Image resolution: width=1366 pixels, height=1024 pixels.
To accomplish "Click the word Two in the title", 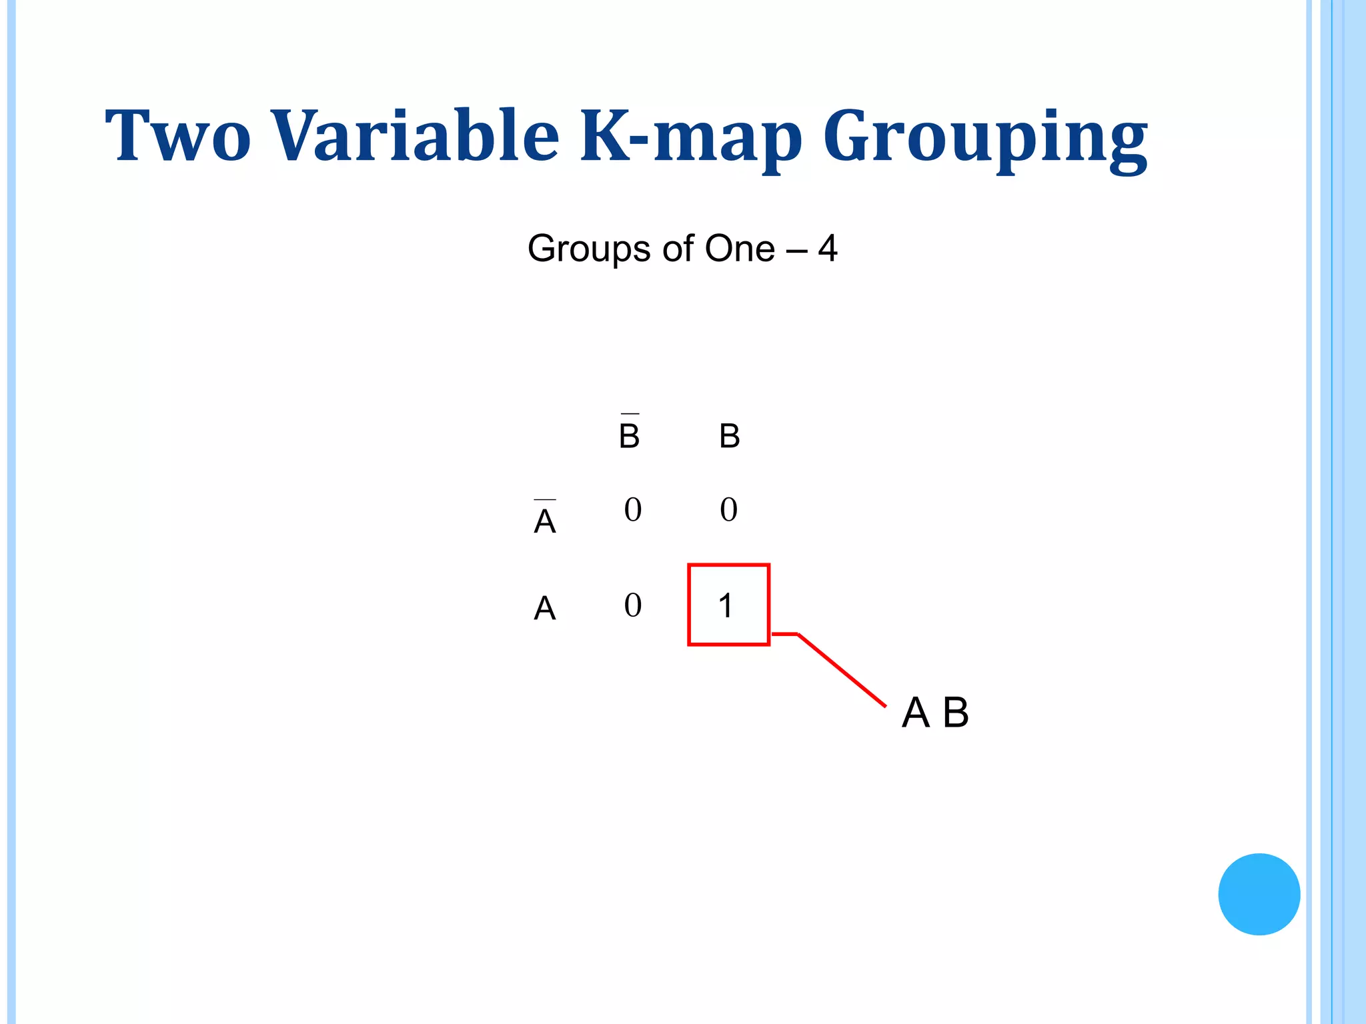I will [x=178, y=136].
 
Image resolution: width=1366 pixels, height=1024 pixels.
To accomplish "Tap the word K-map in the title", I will [x=691, y=137].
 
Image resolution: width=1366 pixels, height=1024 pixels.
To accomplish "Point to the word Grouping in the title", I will [x=985, y=140].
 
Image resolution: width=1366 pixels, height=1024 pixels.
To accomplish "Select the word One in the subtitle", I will [x=739, y=249].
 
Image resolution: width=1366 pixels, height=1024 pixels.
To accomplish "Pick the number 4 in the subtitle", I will [x=828, y=249].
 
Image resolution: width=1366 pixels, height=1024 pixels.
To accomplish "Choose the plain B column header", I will [x=729, y=437].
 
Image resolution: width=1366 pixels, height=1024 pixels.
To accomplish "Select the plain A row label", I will [x=545, y=609].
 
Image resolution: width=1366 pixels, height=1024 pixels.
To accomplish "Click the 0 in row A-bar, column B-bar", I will [x=632, y=510].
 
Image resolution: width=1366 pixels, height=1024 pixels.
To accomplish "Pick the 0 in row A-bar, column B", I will [x=728, y=510].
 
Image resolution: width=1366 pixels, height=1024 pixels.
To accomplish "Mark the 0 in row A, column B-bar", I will [x=632, y=605].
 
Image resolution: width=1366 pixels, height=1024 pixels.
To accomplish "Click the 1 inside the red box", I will [x=726, y=606].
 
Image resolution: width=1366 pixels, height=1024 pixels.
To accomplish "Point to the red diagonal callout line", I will [x=842, y=670].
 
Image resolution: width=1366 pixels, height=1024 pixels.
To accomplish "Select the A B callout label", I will [x=934, y=713].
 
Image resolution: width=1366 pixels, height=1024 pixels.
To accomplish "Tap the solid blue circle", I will [x=1259, y=894].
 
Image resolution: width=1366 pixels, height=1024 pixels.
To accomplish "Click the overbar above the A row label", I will [x=545, y=499].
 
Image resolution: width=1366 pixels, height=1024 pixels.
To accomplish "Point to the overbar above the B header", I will [x=629, y=414].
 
